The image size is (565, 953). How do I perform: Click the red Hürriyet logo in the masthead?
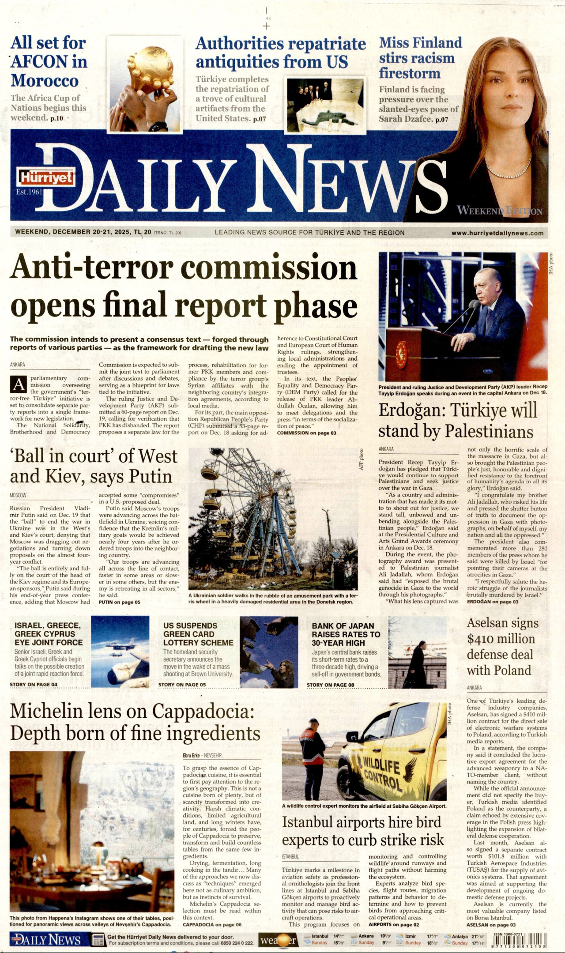tap(45, 177)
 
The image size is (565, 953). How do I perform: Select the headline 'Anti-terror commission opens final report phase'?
tap(184, 286)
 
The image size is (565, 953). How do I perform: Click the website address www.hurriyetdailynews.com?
tap(497, 233)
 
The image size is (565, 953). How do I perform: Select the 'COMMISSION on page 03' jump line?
tap(306, 433)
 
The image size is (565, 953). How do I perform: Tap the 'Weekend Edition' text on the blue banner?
tap(499, 211)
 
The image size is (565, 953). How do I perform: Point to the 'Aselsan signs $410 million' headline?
tap(502, 647)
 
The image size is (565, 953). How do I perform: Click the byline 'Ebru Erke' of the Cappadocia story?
tap(191, 755)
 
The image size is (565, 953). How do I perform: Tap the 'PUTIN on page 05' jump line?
tap(119, 602)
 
